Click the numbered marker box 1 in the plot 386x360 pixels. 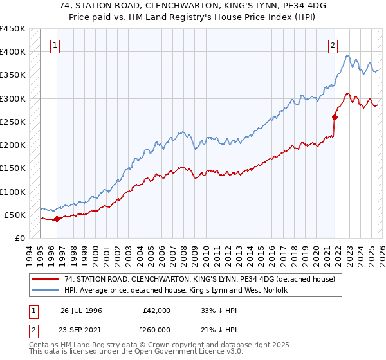[56, 46]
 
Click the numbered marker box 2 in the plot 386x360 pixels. [333, 46]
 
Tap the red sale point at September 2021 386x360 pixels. [335, 117]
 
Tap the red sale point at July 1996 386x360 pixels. [57, 219]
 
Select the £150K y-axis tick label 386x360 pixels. [13, 168]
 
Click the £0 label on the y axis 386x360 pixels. [19, 238]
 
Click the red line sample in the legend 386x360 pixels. [45, 280]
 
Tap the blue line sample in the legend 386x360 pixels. [45, 291]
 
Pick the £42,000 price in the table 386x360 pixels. [155, 310]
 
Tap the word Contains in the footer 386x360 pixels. [45, 346]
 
